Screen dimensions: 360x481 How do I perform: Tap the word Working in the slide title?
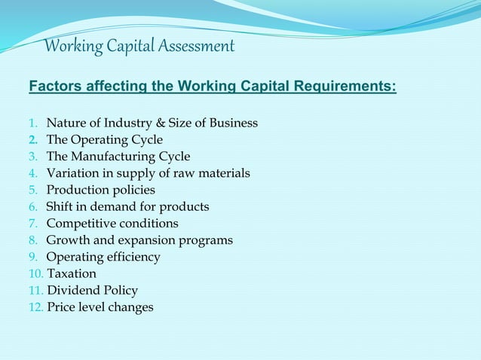tap(70, 47)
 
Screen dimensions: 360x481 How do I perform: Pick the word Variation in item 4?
tap(72, 173)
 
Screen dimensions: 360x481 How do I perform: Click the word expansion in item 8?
tap(142, 240)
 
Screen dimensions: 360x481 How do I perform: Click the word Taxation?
tap(72, 274)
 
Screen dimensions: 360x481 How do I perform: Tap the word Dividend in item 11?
tap(74, 291)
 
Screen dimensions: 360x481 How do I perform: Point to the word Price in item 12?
tap(61, 307)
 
